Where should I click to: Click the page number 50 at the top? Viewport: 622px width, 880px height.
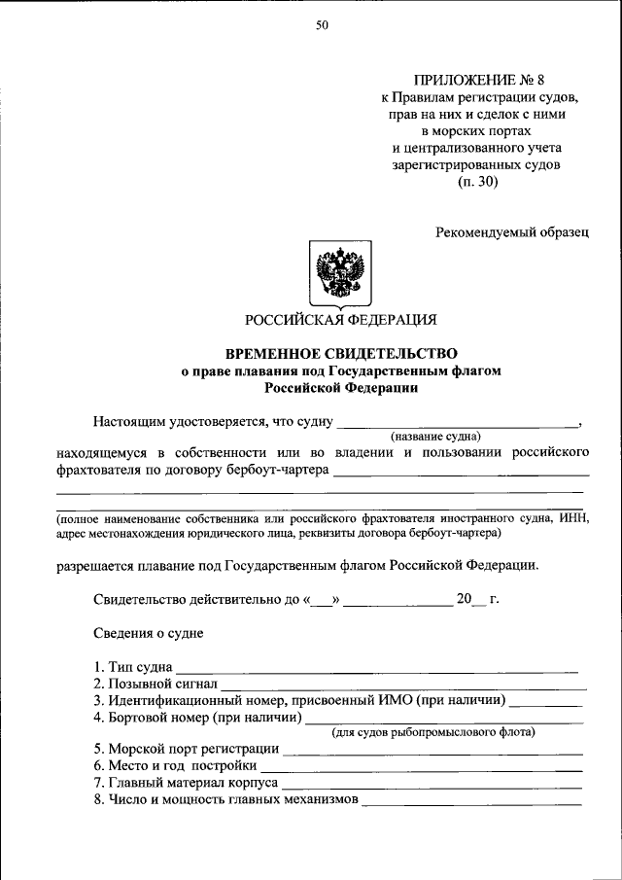322,26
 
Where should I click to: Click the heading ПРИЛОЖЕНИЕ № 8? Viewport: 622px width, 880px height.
478,80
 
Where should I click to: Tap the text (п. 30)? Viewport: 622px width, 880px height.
477,182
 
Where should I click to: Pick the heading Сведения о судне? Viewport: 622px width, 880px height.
148,633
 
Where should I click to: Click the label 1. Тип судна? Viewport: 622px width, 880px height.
133,668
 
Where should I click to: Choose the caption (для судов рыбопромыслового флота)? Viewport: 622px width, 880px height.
433,731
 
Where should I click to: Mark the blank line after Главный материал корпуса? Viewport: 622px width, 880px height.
432,784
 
